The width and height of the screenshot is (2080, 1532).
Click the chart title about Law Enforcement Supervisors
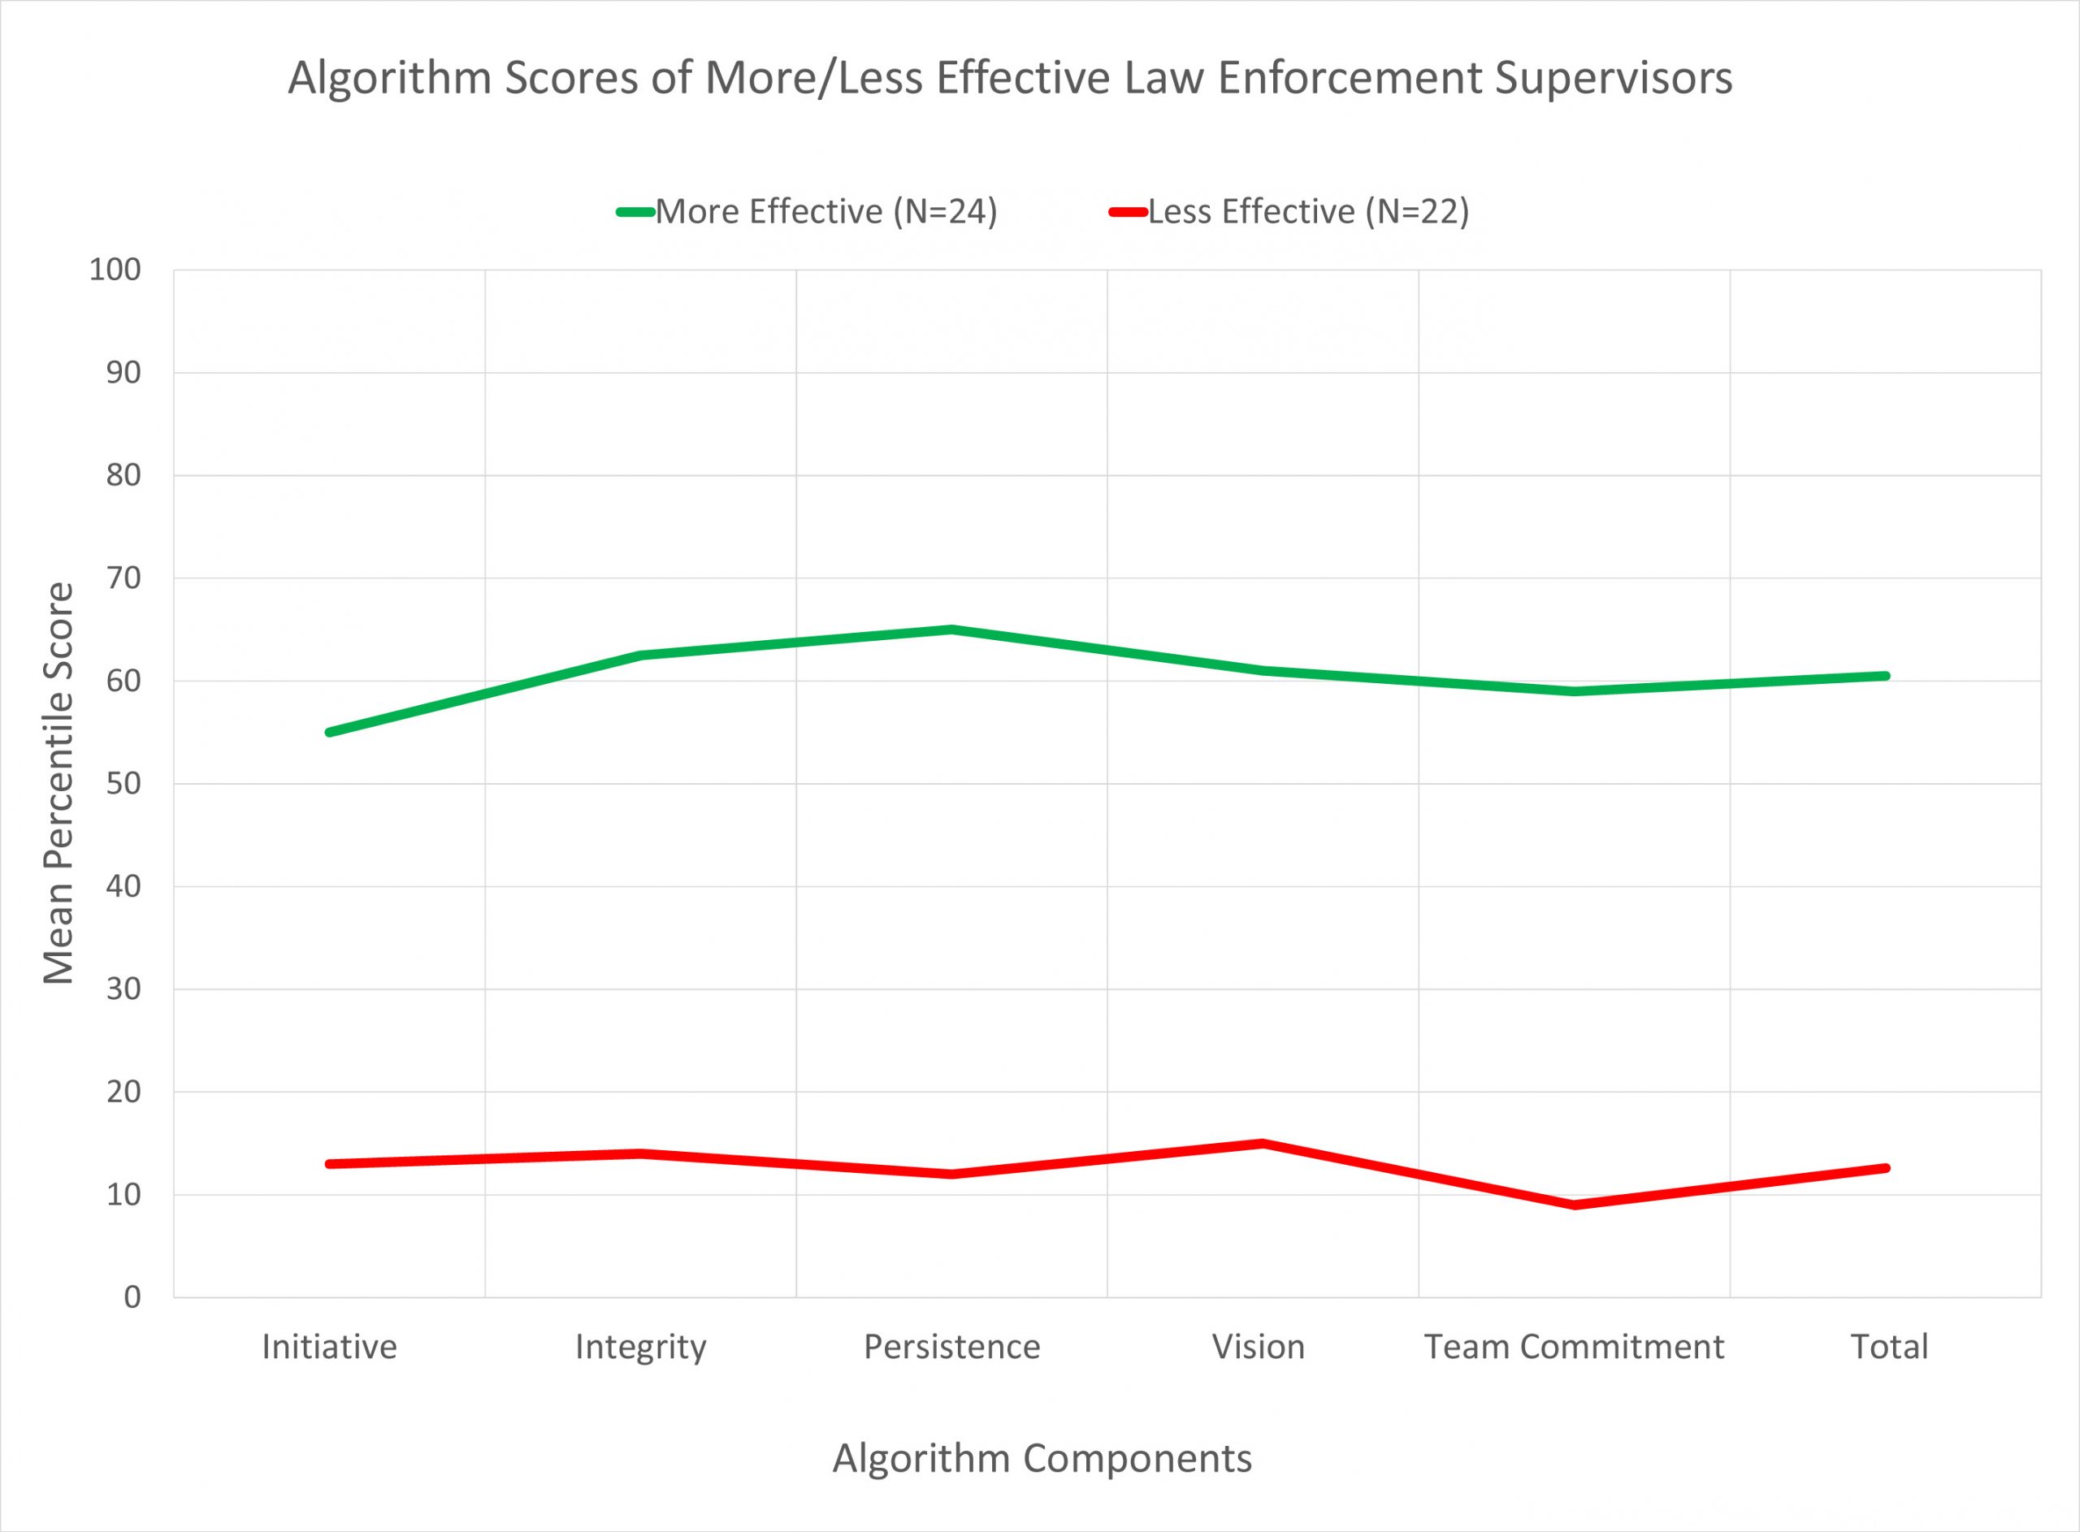pyautogui.click(x=1010, y=79)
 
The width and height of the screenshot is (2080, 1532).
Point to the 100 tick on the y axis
pyautogui.click(x=115, y=270)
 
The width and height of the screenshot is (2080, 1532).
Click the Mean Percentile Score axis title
pyautogui.click(x=58, y=784)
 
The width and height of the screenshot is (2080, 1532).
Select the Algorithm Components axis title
pyautogui.click(x=1042, y=1459)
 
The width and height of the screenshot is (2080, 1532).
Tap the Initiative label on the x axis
pyautogui.click(x=329, y=1347)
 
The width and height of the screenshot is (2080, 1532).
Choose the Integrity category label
pyautogui.click(x=641, y=1347)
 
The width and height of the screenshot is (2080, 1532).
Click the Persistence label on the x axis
pyautogui.click(x=951, y=1347)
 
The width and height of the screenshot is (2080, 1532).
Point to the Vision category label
pyautogui.click(x=1259, y=1347)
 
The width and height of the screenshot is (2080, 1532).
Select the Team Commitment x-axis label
pyautogui.click(x=1574, y=1347)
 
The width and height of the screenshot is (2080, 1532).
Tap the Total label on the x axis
pyautogui.click(x=1889, y=1347)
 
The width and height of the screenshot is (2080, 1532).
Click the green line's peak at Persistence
pyautogui.click(x=951, y=630)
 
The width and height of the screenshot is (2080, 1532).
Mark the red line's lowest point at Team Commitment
pyautogui.click(x=1575, y=1205)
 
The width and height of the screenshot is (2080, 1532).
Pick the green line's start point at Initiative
pyautogui.click(x=330, y=733)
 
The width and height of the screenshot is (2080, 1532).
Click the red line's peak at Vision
pyautogui.click(x=1262, y=1143)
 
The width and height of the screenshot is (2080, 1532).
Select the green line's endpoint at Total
pyautogui.click(x=1886, y=676)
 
